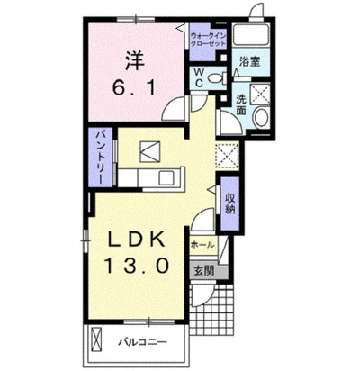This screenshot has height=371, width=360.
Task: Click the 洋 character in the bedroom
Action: (x=135, y=61)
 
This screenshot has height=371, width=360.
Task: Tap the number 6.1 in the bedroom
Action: (x=134, y=88)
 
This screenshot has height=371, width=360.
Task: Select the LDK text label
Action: (x=136, y=240)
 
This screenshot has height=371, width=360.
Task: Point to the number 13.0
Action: (x=136, y=266)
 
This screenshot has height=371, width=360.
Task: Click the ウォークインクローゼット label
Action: (x=208, y=40)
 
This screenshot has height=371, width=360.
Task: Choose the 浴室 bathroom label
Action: (x=249, y=62)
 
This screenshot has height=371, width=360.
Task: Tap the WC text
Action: (x=199, y=77)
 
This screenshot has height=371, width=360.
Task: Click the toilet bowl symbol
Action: (x=217, y=78)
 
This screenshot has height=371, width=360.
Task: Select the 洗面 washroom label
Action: (x=241, y=104)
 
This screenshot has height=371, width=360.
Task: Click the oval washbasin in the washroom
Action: (x=262, y=118)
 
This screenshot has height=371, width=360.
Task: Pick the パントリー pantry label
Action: (x=100, y=158)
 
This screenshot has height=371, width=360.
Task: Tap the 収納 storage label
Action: (x=230, y=204)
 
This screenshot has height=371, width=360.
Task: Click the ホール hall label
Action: (x=202, y=244)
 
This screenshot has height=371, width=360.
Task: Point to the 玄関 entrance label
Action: (x=203, y=271)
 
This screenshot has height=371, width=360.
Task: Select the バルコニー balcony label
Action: (x=142, y=342)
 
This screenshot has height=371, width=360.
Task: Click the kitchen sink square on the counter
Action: (x=166, y=177)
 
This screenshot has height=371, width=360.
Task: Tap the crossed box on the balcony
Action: (x=97, y=342)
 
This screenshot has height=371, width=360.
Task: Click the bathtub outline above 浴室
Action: (x=252, y=34)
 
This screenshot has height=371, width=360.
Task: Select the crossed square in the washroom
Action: (x=260, y=93)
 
